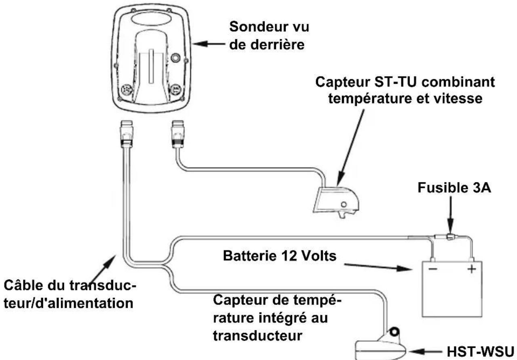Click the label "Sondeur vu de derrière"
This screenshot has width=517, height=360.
pos(269,36)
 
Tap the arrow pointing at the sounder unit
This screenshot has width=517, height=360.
pos(209,44)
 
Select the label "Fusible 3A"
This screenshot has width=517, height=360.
pos(454,188)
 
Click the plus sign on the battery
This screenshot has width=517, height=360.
pos(472,269)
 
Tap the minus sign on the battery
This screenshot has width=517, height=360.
pos(433,269)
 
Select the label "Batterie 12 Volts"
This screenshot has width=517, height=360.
pos(280,256)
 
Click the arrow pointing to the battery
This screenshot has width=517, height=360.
pos(378,267)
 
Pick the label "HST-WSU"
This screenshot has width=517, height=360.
pos(480,352)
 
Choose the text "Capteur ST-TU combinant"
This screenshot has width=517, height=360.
pos(405,82)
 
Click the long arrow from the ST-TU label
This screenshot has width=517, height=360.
pos(351,147)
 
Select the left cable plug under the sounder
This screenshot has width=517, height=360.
pos(126,134)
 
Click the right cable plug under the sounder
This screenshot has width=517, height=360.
pos(178,134)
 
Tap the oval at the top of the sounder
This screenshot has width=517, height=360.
pos(152,19)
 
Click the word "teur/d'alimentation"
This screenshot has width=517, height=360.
pos(69,303)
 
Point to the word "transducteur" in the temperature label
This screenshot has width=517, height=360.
pos(257,335)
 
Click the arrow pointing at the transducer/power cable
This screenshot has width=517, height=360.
pos(102,270)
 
